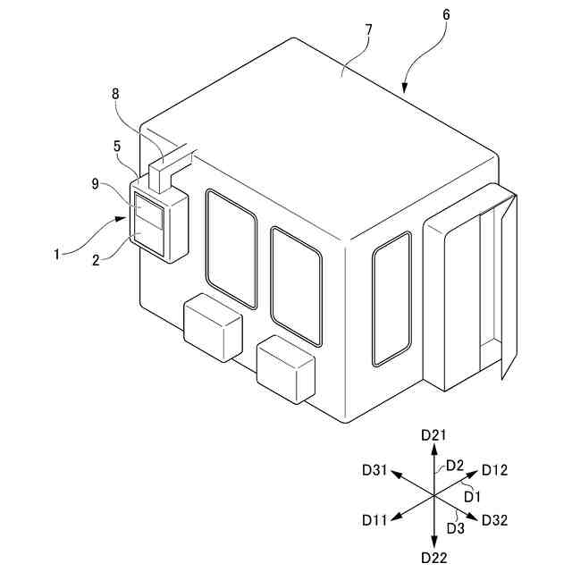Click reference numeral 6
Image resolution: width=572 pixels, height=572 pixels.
[447, 16]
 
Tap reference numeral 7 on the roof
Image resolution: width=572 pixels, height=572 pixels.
[369, 29]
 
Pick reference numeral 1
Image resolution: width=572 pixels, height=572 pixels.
[56, 254]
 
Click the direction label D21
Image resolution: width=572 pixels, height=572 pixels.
[433, 434]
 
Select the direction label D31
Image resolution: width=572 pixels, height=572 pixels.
[375, 469]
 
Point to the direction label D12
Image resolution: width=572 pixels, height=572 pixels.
[494, 469]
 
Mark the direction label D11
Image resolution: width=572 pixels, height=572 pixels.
[375, 519]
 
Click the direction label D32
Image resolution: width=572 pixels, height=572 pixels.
[494, 519]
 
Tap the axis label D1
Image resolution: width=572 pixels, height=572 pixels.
[473, 495]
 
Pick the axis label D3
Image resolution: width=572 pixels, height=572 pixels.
[455, 528]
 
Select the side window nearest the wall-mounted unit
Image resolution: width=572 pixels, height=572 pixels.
[231, 247]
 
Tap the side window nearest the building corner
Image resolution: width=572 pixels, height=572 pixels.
[296, 285]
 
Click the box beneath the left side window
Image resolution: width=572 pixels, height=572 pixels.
[213, 329]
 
